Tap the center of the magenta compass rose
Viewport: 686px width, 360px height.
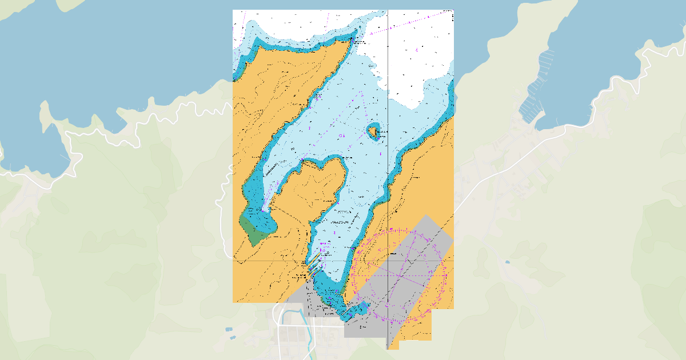(x=398, y=275)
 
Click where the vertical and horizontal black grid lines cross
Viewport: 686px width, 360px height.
(x=388, y=261)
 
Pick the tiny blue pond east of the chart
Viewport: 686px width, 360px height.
(x=507, y=262)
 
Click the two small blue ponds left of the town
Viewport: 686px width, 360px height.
(x=229, y=333)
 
